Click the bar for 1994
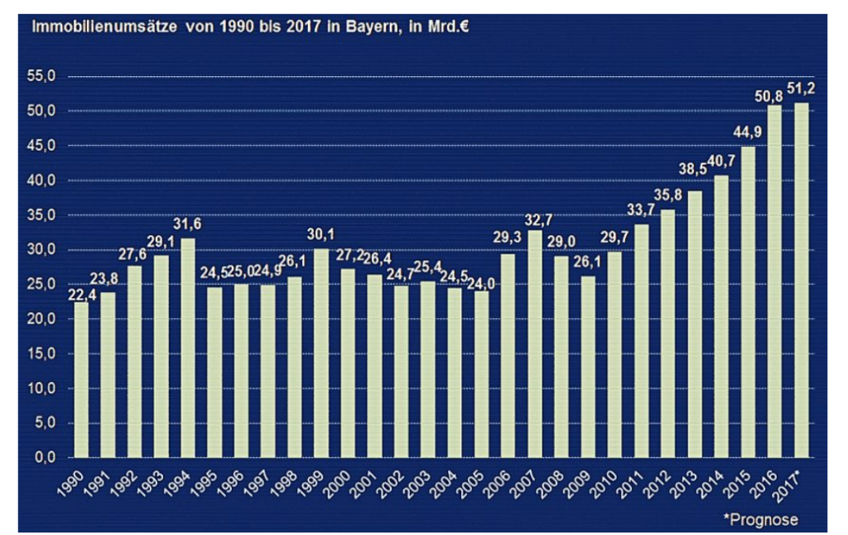point(187,348)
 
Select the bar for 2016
point(774,282)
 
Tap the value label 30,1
point(321,234)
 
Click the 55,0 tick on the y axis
point(41,76)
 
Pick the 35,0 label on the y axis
point(41,215)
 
